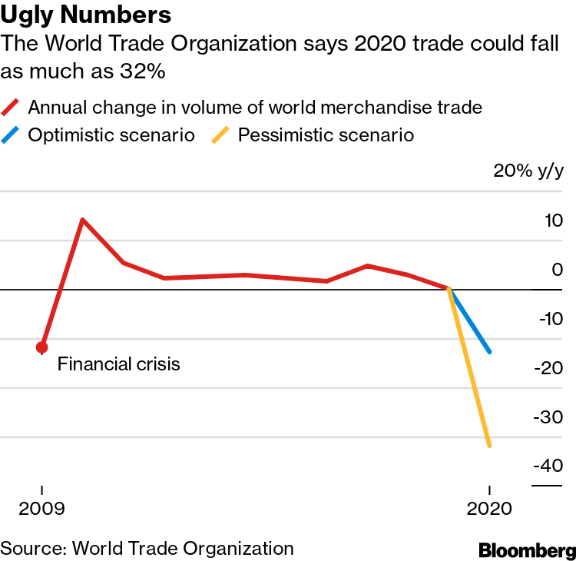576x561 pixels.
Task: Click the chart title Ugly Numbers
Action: [x=86, y=15]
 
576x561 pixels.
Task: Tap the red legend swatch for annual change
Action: [x=12, y=108]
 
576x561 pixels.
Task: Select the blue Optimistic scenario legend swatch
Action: [x=12, y=136]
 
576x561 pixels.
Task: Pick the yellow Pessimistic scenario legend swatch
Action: [x=223, y=136]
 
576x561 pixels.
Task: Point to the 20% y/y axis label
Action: [x=528, y=171]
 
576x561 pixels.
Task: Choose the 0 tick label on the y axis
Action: [x=557, y=270]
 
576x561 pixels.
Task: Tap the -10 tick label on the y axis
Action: [x=548, y=319]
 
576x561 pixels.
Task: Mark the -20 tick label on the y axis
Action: [x=548, y=368]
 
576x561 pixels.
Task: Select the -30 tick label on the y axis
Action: [x=548, y=417]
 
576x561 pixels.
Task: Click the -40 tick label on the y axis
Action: [x=548, y=466]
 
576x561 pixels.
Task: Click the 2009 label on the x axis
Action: [x=42, y=510]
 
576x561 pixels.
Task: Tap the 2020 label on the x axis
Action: [x=489, y=510]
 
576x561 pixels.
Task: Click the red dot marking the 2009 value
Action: [x=42, y=347]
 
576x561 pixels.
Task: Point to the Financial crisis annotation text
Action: [x=119, y=363]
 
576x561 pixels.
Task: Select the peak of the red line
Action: [x=82, y=221]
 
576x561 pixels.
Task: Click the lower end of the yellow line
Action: [x=489, y=445]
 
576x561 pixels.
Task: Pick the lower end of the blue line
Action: [x=489, y=351]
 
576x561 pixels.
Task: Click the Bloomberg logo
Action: [x=527, y=550]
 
